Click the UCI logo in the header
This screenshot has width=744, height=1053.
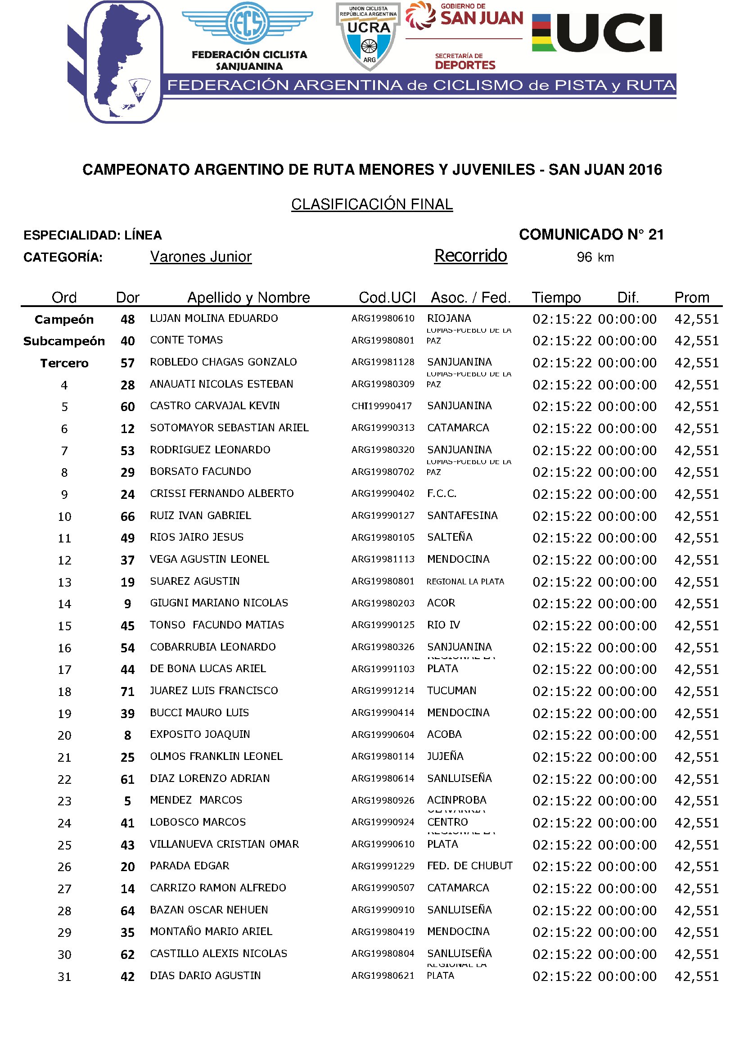597,33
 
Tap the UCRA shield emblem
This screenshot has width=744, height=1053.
369,36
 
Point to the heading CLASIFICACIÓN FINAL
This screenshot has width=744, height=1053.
372,204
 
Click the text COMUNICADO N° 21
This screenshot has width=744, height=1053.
591,235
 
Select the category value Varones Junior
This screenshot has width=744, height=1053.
201,257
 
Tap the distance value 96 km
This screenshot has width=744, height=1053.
595,258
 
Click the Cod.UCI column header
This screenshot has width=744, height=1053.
387,298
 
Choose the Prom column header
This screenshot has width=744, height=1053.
691,298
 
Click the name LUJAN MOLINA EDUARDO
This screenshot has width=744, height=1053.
214,318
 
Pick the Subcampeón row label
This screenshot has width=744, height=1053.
64,341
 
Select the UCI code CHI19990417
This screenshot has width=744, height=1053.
381,406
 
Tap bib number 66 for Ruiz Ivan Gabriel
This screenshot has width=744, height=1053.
127,516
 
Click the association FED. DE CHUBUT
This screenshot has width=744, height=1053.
469,866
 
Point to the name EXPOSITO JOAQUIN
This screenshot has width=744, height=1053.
200,734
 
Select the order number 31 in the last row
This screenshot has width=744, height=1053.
64,977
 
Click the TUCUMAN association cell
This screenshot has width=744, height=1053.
451,691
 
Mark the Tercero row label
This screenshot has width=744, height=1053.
64,363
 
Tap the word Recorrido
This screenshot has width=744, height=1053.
470,256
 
